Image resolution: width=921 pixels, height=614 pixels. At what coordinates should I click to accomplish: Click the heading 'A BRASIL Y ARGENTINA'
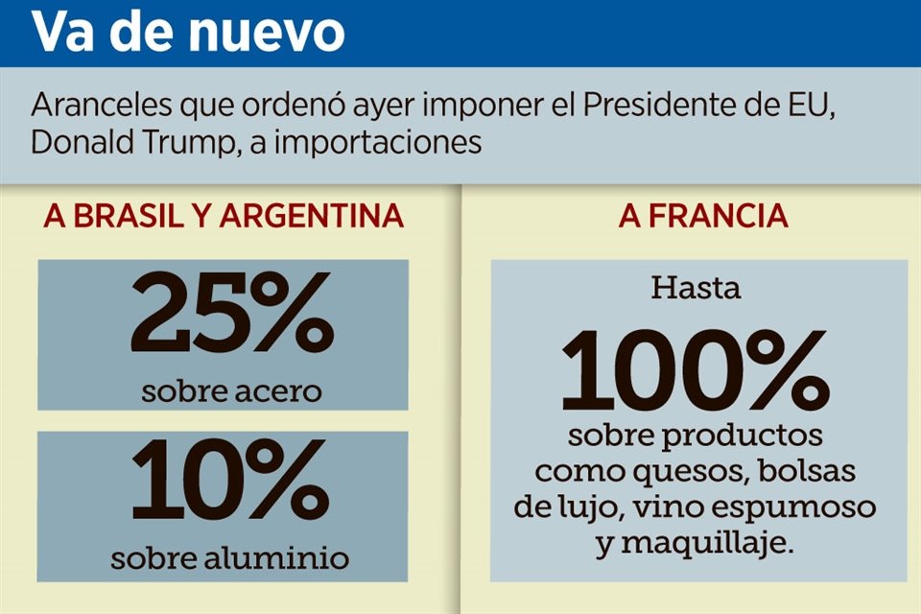coord(224,217)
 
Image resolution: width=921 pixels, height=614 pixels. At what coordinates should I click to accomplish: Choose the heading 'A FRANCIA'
coord(703,217)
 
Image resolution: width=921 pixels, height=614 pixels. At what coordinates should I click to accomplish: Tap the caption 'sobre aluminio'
coord(229,559)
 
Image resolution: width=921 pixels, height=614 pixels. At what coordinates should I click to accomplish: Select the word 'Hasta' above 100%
coord(697,287)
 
